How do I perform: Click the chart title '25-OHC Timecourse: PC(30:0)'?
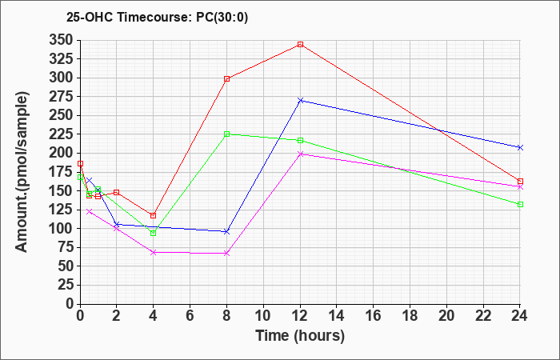point(143,16)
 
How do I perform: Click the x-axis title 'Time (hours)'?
point(299,336)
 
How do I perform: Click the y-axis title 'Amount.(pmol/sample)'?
point(23,172)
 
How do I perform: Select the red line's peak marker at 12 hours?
point(300,45)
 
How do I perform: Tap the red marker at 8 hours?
point(227,78)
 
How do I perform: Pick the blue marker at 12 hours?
point(300,100)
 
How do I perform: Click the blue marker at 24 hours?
point(520,147)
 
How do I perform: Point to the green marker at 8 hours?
point(227,134)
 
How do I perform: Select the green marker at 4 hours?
point(154,233)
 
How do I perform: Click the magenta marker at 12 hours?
point(300,154)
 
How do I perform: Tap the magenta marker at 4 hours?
point(154,252)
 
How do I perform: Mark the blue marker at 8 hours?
point(227,231)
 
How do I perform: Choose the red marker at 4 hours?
point(154,215)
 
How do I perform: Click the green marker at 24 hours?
point(520,204)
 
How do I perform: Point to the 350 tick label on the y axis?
point(61,40)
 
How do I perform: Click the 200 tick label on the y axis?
point(61,153)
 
